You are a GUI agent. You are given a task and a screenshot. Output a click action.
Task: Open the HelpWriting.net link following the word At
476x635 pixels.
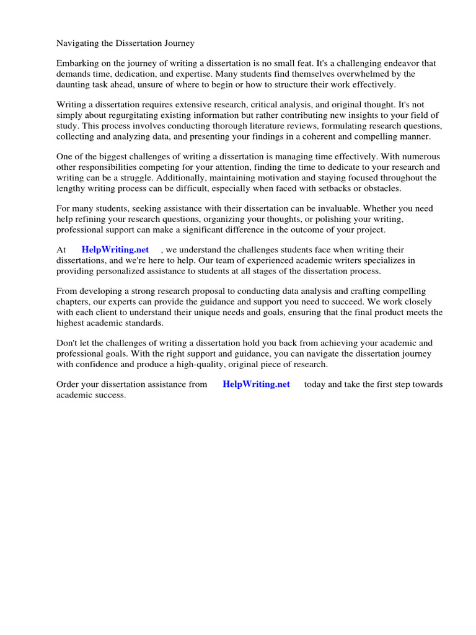pyautogui.click(x=115, y=249)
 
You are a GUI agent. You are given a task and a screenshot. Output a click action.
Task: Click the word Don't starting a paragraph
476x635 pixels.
pyautogui.click(x=67, y=343)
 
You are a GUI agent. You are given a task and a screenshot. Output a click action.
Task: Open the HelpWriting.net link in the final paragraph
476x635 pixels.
pyautogui.click(x=256, y=384)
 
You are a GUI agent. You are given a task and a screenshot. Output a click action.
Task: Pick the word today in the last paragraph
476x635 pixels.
pyautogui.click(x=314, y=384)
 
